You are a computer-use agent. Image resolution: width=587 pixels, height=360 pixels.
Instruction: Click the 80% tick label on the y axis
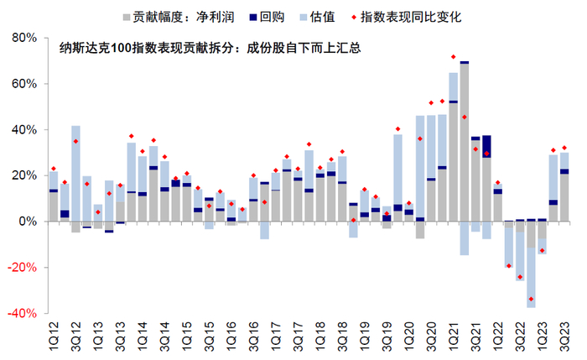coord(19,39)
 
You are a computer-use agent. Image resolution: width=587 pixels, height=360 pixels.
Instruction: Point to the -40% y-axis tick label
coord(18,313)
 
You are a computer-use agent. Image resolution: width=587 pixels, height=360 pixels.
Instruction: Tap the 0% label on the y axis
coord(25,222)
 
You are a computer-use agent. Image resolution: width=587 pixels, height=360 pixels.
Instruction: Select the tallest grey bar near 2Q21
coord(465,143)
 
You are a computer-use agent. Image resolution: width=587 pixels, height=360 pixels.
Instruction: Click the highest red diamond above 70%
coord(454,57)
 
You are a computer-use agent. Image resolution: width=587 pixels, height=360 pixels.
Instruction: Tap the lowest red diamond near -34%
coord(531,299)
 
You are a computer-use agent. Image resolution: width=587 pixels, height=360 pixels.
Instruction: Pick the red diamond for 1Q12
coord(54,169)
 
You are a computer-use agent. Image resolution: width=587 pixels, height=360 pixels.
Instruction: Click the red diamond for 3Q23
coord(564,148)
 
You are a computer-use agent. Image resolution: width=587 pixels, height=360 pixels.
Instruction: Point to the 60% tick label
coord(19,85)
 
